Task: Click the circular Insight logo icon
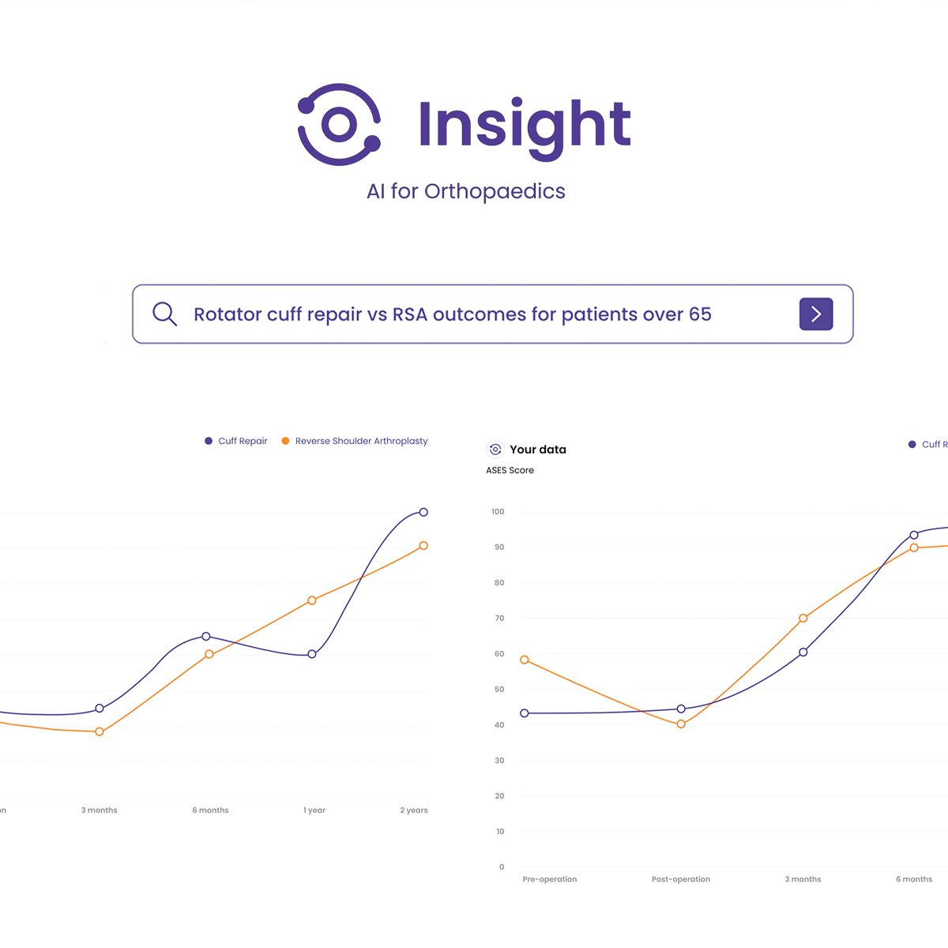tap(339, 125)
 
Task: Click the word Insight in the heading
tap(524, 126)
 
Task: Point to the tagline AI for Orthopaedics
tap(465, 192)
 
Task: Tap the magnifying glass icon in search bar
tap(164, 314)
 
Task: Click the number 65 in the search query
tap(700, 314)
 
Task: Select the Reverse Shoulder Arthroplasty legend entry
tap(361, 441)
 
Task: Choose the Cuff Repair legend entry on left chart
tap(243, 441)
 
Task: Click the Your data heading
tap(537, 450)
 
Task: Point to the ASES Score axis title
tap(510, 470)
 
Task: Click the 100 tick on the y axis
tap(497, 512)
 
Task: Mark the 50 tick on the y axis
tap(498, 690)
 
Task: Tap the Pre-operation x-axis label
tap(549, 879)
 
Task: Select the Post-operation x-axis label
tap(680, 879)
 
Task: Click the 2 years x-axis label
tap(413, 811)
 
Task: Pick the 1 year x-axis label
tap(314, 811)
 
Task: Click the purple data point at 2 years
tap(423, 513)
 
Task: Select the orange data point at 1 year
tap(312, 600)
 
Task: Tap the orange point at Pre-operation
tap(525, 660)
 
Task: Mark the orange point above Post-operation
tap(681, 724)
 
